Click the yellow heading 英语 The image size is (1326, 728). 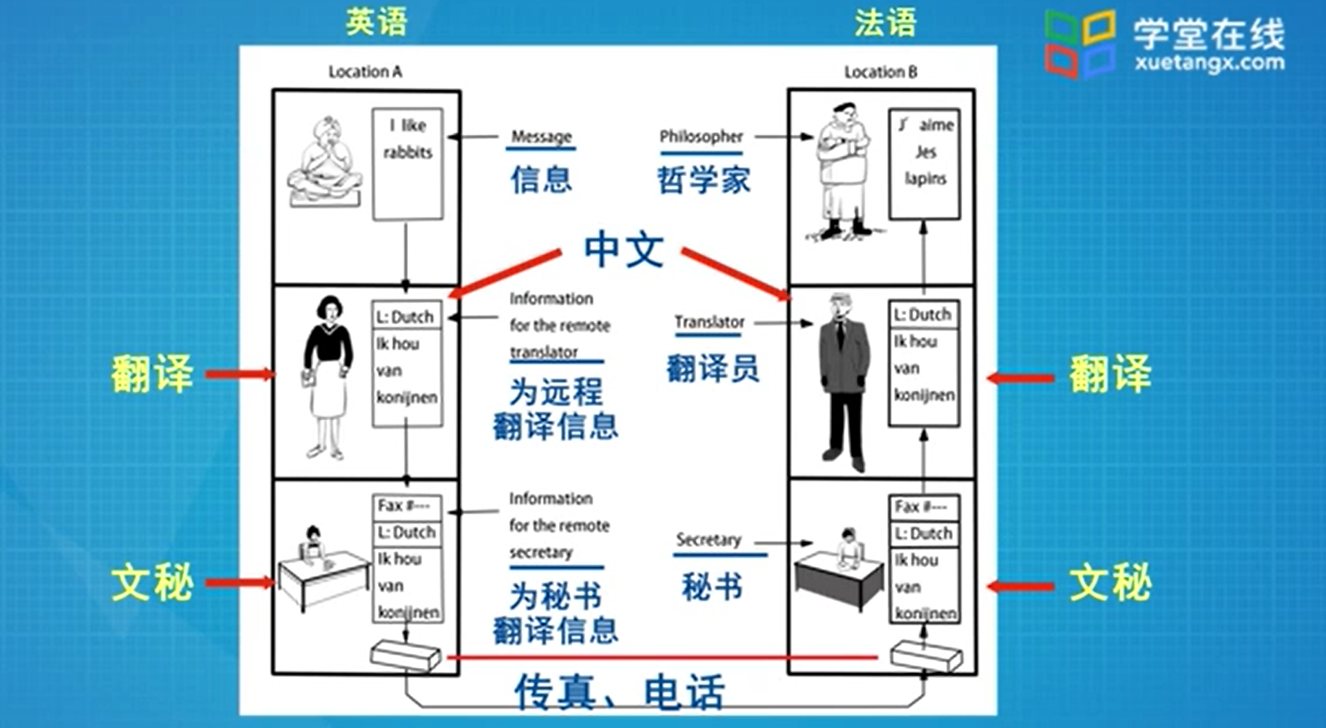click(376, 22)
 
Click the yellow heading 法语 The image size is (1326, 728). click(885, 23)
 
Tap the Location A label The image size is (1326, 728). click(366, 73)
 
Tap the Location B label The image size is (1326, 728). click(880, 73)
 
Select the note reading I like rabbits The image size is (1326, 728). click(408, 163)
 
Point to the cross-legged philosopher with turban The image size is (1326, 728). click(325, 163)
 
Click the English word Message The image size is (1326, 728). click(541, 137)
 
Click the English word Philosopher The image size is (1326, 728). click(701, 137)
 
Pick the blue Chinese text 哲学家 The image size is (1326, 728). click(703, 180)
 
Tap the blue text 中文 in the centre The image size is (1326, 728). click(623, 249)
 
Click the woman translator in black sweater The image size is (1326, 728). click(327, 377)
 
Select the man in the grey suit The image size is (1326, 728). click(845, 381)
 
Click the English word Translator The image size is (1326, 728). click(709, 323)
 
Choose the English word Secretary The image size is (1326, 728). click(708, 540)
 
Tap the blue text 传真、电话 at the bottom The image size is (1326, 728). click(619, 692)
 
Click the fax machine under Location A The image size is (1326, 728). click(406, 655)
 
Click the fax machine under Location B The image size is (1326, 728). click(926, 656)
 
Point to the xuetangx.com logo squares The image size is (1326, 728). click(1081, 44)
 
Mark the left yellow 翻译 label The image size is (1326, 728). click(152, 374)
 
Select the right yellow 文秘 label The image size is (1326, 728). click(1110, 583)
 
